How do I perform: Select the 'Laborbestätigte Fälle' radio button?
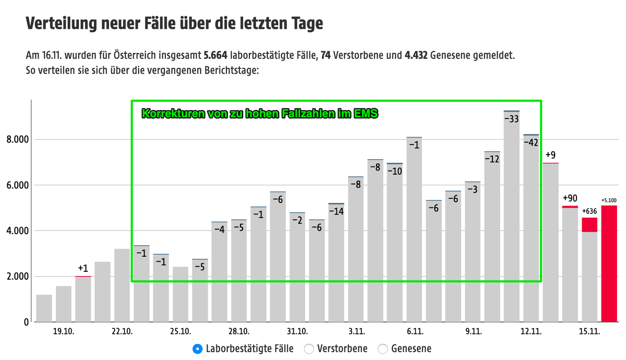tap(197, 349)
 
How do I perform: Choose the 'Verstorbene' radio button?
tap(308, 349)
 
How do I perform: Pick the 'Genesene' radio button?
tap(383, 349)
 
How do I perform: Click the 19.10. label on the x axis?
tap(64, 332)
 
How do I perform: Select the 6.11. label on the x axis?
tap(414, 332)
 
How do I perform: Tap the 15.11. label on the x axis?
tap(590, 332)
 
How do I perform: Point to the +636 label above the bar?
tap(590, 211)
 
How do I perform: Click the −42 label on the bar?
tap(531, 142)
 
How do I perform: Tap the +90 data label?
tap(570, 198)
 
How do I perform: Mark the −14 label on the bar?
tap(336, 211)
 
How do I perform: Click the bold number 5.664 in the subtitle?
tap(215, 55)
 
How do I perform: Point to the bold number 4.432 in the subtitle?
tap(416, 55)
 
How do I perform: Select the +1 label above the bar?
tap(83, 268)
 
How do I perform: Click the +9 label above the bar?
tap(551, 155)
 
